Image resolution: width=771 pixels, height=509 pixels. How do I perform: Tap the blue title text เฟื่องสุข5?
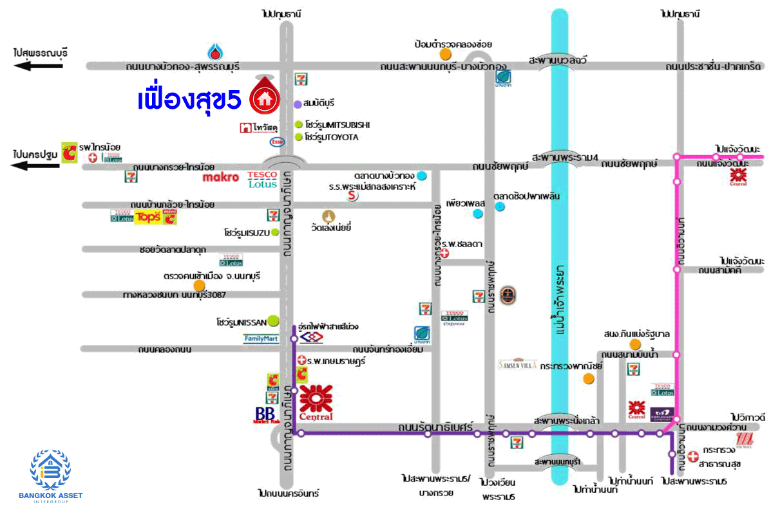(190, 100)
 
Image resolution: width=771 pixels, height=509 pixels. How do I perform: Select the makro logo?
(221, 177)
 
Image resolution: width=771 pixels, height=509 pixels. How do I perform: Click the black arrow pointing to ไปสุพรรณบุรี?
(39, 66)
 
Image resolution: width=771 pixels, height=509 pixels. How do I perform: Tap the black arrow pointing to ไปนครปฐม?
(39, 166)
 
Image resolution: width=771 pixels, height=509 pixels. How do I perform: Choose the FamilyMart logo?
(261, 338)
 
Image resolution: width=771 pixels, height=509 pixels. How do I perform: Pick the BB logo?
(265, 415)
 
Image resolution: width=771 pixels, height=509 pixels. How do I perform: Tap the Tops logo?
(148, 217)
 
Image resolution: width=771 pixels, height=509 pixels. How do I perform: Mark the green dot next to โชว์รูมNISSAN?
(273, 319)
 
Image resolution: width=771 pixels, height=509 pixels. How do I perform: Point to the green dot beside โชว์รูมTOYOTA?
(298, 137)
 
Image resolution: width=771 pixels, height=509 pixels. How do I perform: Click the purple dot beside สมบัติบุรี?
(298, 104)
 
